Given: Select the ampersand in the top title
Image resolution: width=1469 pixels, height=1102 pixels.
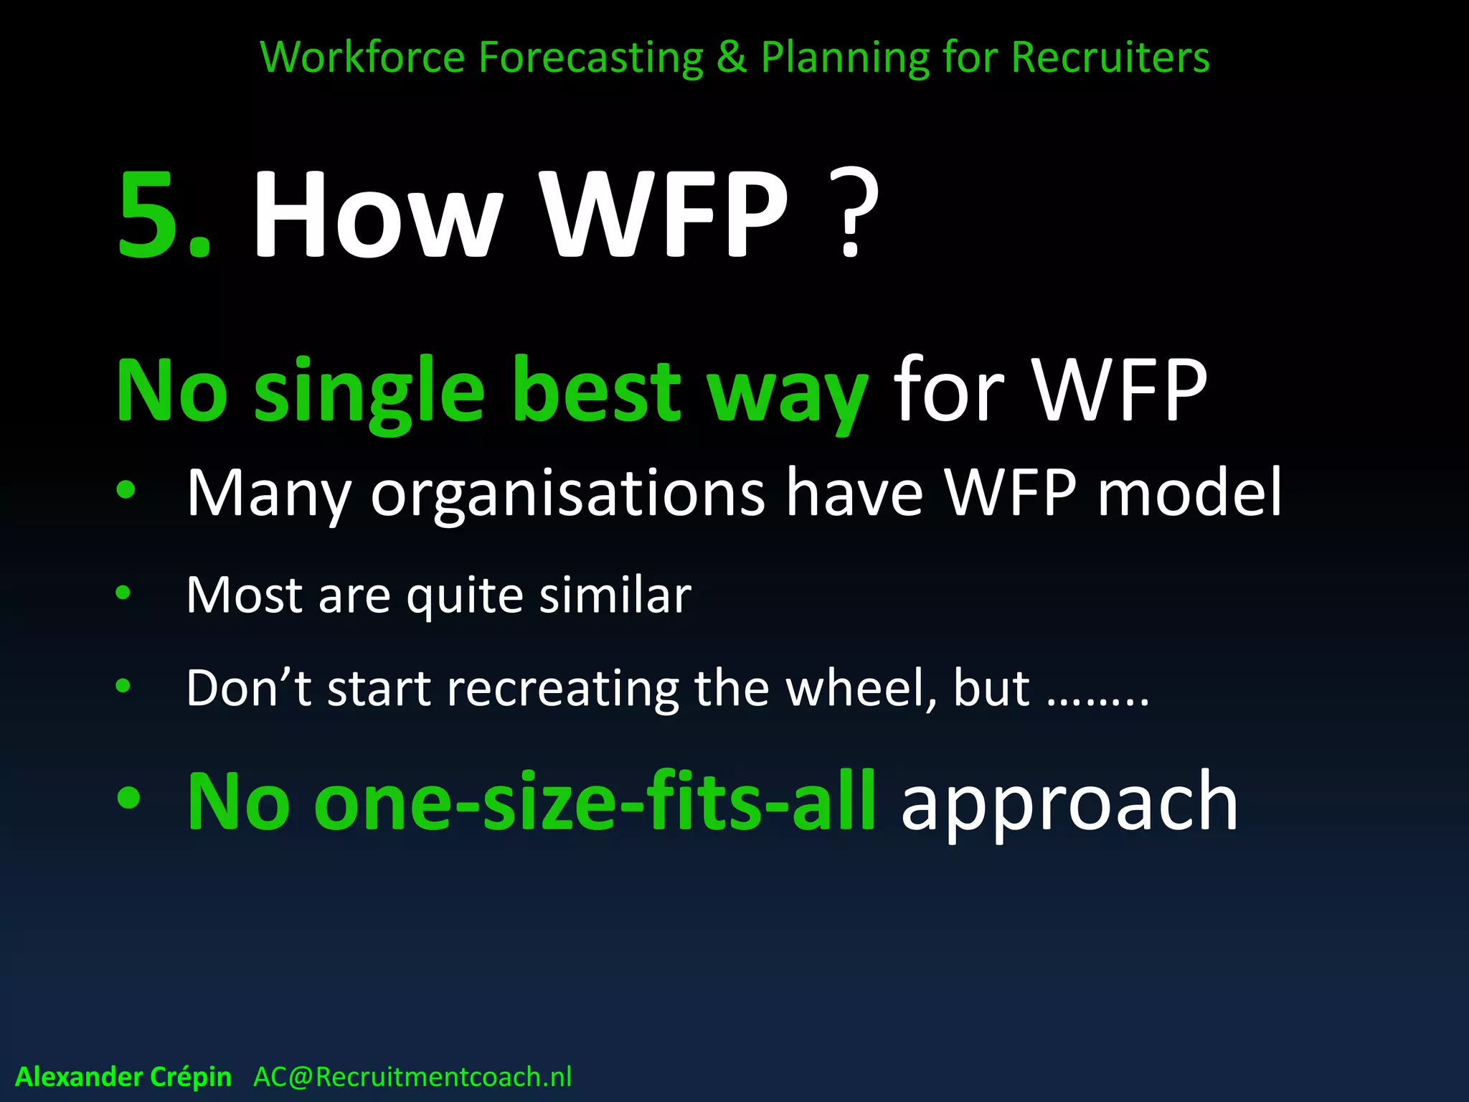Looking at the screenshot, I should (x=731, y=57).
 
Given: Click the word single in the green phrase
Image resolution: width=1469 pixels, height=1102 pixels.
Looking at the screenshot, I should (x=369, y=393).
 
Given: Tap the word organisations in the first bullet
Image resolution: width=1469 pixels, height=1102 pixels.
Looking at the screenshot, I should (x=568, y=494).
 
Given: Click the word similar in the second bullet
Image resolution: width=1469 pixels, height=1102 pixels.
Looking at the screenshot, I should (x=615, y=595).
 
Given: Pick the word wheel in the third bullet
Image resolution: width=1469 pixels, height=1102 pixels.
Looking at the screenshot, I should (x=859, y=688).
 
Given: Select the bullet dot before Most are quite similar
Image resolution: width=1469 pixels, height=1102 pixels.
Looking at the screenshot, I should (x=123, y=593).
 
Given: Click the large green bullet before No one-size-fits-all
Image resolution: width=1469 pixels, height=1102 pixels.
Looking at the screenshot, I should (x=129, y=799).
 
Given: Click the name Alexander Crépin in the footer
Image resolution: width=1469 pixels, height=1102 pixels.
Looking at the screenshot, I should (x=123, y=1077).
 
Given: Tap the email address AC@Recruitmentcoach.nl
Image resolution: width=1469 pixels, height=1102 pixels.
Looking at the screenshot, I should (x=412, y=1077).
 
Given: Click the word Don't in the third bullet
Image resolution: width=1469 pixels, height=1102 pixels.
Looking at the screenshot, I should (x=248, y=688).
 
